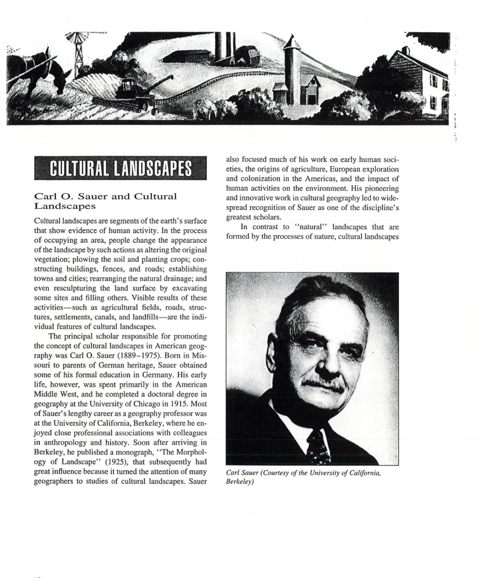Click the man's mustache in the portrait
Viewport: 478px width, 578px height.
tap(324, 385)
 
